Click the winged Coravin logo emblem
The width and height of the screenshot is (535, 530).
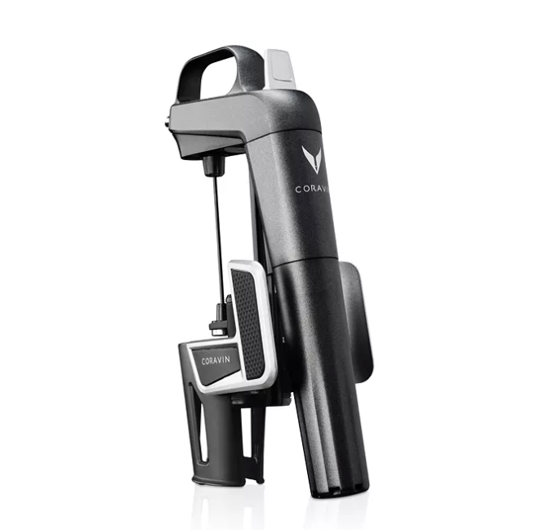click(x=313, y=158)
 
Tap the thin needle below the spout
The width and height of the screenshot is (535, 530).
click(x=217, y=237)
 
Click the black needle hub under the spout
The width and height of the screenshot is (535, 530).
click(x=214, y=167)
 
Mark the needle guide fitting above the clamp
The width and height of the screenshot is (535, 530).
click(x=219, y=318)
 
